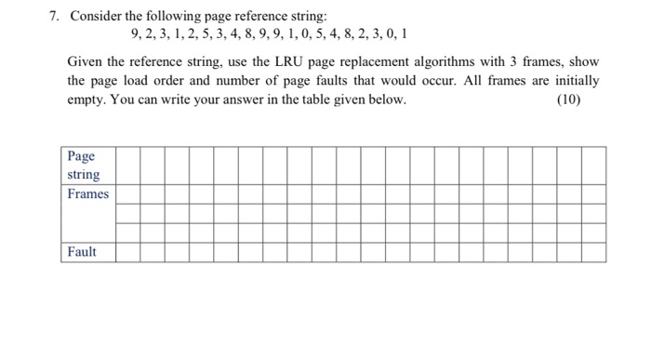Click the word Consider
coord(96,16)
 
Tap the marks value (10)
coord(566,100)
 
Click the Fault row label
coord(82,252)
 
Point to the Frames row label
coord(87,193)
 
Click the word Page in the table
coord(80,155)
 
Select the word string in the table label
coord(84,174)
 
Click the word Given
coord(86,61)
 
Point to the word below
coord(386,100)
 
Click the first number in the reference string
coord(135,35)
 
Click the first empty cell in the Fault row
coord(128,252)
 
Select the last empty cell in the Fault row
coord(595,252)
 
